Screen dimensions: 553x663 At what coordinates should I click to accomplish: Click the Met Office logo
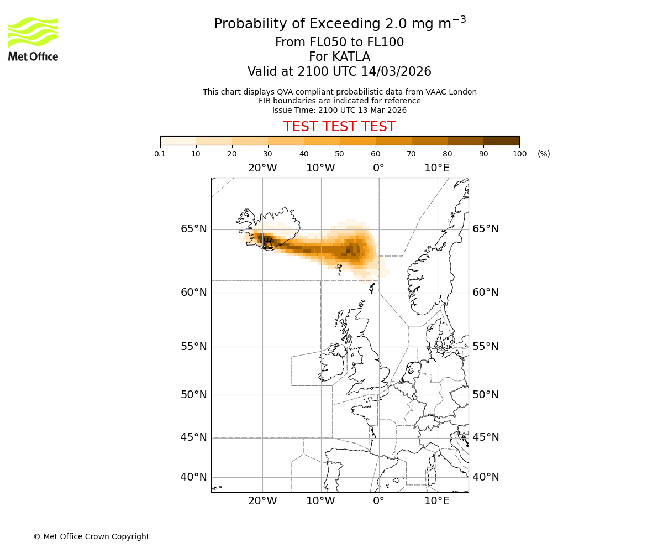(33, 39)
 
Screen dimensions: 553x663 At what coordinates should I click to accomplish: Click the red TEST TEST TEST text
(339, 127)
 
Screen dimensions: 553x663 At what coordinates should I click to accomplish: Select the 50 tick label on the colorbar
(339, 154)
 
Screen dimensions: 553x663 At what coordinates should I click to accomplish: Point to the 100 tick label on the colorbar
(519, 154)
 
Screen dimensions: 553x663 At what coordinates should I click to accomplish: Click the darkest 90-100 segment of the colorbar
(501, 140)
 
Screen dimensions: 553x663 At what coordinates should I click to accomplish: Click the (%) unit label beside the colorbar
(544, 154)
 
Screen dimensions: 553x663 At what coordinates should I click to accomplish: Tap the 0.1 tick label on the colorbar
(160, 154)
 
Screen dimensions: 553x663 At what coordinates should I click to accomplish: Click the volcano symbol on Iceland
(268, 243)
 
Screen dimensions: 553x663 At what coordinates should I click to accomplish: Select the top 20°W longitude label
(262, 168)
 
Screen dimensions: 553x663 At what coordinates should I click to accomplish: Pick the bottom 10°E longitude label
(436, 501)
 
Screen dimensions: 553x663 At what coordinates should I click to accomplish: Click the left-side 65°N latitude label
(194, 229)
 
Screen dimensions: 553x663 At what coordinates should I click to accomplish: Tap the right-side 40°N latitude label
(486, 477)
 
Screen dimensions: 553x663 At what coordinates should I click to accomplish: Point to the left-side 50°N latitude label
(194, 395)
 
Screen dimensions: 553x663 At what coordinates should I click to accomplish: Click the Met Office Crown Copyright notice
(91, 536)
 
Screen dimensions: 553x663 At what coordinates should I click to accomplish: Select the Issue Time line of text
(339, 110)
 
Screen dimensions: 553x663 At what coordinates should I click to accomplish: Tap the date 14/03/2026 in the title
(396, 72)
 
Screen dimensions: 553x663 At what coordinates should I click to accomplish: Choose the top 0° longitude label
(378, 168)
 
